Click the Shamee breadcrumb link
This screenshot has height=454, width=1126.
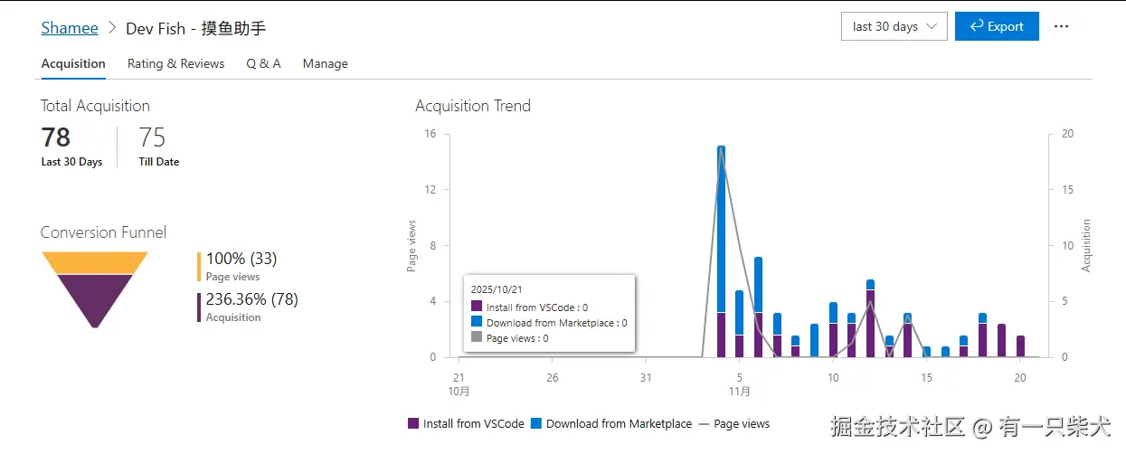[70, 28]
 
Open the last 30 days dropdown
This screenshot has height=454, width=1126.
[894, 27]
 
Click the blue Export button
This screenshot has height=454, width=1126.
[996, 27]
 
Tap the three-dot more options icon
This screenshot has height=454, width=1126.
[1061, 27]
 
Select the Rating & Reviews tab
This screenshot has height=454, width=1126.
[175, 64]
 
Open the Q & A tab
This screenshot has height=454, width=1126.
[263, 64]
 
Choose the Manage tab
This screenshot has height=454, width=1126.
[325, 64]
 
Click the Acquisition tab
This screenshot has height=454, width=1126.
[73, 64]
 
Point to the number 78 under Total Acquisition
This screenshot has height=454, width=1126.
[56, 137]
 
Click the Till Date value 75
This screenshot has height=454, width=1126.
[152, 137]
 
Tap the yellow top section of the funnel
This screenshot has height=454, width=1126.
[94, 262]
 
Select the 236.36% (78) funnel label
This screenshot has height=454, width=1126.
[251, 299]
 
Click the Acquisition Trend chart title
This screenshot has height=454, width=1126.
[473, 106]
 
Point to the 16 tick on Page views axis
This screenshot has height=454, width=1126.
[430, 134]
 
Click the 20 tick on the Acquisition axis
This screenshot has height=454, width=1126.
[1067, 134]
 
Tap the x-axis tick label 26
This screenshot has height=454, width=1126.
[553, 378]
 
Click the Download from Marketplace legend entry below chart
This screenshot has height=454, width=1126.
[611, 423]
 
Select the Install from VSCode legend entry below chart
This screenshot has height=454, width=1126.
[467, 423]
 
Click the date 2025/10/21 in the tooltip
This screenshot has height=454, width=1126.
[497, 289]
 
